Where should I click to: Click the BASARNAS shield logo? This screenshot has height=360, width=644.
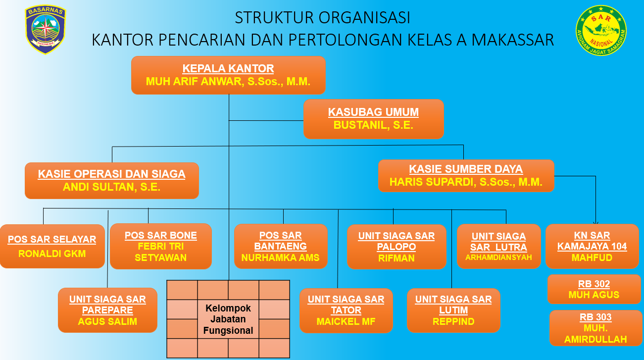[46, 29]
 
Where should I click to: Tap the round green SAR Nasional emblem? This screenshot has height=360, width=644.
[601, 30]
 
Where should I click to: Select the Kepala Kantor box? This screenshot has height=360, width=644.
[228, 75]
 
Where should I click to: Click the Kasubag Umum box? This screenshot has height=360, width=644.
[373, 119]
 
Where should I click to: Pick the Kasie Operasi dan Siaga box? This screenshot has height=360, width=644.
[112, 181]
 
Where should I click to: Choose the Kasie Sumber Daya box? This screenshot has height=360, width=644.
[466, 175]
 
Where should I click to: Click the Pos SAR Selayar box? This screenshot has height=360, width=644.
[52, 246]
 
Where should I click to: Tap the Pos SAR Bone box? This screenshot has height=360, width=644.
[161, 246]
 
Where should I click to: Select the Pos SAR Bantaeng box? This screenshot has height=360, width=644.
[281, 246]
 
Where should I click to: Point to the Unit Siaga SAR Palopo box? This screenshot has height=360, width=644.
[396, 247]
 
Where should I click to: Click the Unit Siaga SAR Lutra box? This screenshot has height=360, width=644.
[499, 247]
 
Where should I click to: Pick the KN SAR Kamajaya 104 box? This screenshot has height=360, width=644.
[592, 246]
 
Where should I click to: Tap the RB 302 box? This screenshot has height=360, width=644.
[594, 289]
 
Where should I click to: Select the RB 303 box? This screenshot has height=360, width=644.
[595, 328]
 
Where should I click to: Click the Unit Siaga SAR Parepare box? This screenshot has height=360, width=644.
[107, 310]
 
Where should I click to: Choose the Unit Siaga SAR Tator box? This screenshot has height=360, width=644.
[346, 310]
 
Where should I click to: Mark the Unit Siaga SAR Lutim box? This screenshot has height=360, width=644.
[453, 310]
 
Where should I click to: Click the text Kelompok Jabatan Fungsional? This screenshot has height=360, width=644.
[228, 319]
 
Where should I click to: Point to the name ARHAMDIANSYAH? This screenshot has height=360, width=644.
[499, 257]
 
